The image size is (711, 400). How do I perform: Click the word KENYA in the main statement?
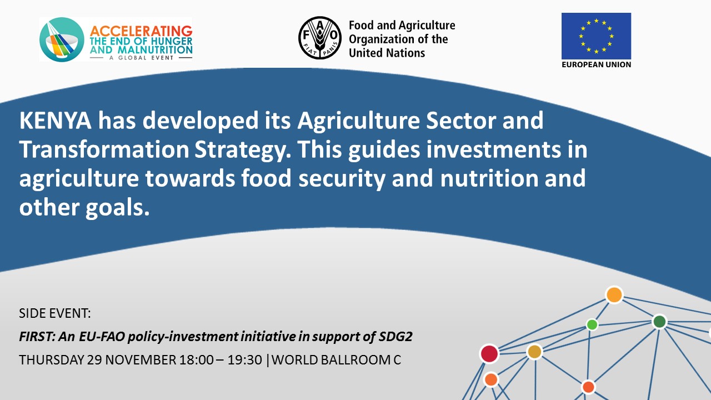point(55,121)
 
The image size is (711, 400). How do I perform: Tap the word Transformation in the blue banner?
point(104,149)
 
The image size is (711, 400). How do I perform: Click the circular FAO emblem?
point(320,38)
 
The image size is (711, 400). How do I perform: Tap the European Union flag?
point(596,36)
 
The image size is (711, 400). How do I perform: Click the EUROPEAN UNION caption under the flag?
point(596,64)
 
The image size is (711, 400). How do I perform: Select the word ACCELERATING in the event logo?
point(141,31)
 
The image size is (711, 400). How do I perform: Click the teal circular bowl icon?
point(62,39)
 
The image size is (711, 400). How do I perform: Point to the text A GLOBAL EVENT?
point(141,58)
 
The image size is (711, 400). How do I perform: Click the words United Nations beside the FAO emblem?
point(387,53)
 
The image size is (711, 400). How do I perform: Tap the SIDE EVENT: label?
point(55,313)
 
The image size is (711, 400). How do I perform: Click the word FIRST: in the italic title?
point(37,336)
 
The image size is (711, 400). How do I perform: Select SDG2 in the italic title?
point(395,336)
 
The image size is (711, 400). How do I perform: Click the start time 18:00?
point(196,360)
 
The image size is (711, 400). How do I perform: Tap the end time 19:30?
point(245,360)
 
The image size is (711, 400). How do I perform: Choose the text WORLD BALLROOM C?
point(336,360)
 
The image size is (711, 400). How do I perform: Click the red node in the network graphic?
point(489,354)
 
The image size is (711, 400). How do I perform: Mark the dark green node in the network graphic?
point(659,322)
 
